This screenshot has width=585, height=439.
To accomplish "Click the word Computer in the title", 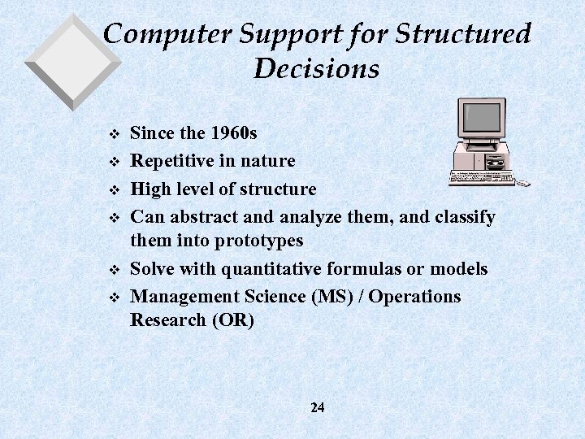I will point(167,34).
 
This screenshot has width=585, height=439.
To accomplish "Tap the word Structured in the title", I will point(464,34).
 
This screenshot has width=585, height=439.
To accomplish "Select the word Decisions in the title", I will point(316,68).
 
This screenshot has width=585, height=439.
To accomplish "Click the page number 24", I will point(317,407).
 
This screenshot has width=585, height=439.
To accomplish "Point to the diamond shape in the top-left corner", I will point(72,61).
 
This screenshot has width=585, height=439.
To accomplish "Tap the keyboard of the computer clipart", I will point(481,177).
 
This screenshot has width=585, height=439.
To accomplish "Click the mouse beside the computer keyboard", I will point(525,183).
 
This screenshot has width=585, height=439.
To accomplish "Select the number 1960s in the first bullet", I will point(234,133).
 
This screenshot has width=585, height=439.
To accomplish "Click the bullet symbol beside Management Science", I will point(113,298).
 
